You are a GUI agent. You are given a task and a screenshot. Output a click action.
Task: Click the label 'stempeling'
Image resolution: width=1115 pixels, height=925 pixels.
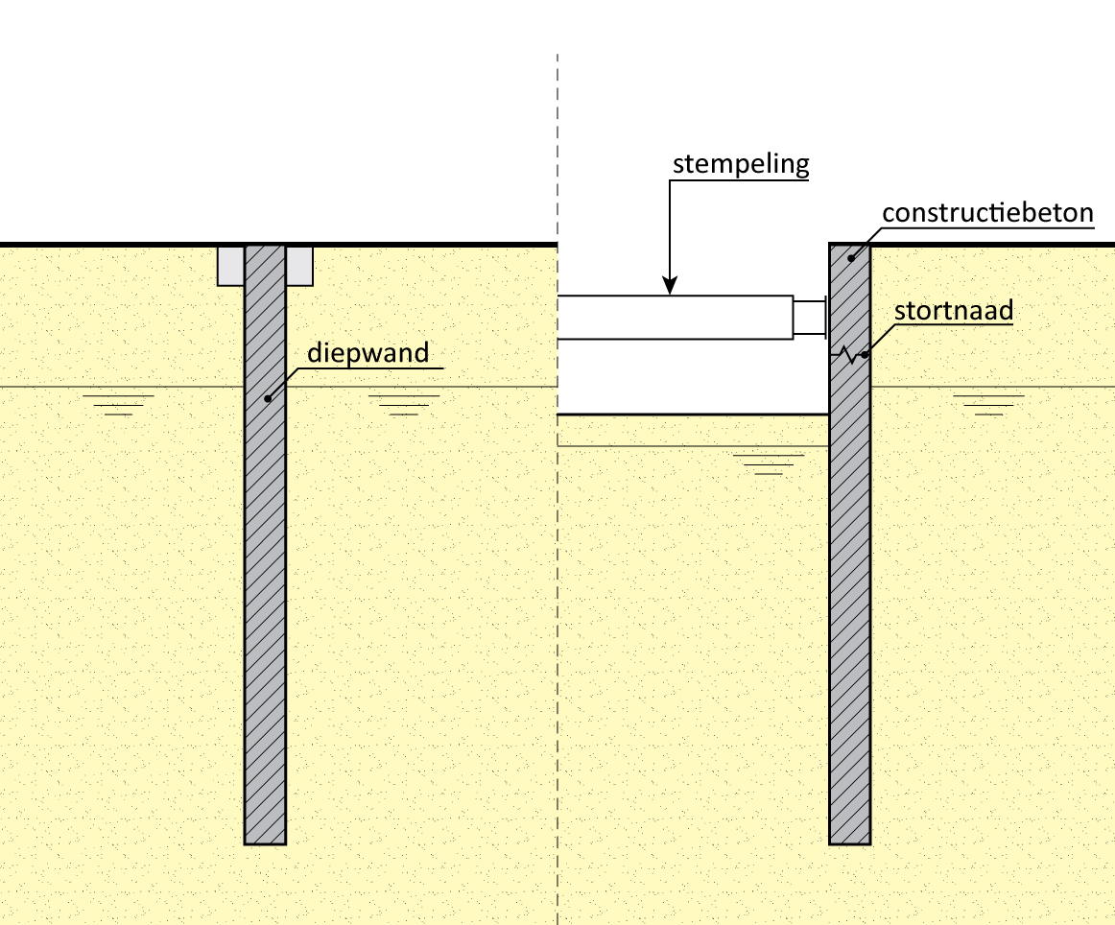741,164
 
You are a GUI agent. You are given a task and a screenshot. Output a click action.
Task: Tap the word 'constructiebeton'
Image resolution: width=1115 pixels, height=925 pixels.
987,212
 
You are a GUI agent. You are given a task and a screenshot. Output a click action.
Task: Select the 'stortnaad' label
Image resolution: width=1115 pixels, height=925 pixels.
954,312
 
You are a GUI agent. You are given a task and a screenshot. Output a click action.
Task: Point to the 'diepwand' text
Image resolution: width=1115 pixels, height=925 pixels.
368,353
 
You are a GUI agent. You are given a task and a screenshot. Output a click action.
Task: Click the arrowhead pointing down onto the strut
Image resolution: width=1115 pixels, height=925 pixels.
671,285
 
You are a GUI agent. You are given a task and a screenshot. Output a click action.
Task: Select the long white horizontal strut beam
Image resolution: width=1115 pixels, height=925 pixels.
675,318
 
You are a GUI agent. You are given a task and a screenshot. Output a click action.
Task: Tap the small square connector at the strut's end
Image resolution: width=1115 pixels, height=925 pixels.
809,318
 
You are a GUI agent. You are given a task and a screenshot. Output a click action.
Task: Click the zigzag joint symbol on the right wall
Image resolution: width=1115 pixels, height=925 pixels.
847,356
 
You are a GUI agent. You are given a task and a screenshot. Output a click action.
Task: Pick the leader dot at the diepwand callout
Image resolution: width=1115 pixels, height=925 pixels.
268,398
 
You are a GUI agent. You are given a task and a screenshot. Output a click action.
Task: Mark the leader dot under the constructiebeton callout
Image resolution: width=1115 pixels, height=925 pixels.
850,258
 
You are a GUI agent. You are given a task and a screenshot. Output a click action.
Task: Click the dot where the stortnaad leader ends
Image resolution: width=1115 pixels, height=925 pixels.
865,356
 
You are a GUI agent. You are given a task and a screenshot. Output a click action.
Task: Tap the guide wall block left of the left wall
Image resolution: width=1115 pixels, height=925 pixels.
230,266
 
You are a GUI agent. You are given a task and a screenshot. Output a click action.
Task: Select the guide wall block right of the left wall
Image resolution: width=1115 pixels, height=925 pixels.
299,266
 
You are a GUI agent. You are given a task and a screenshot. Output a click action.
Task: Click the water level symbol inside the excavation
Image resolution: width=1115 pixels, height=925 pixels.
768,464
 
